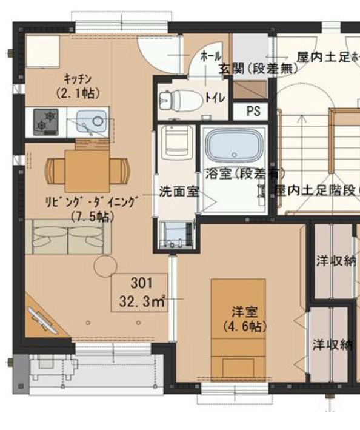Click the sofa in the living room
[67, 237]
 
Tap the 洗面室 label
[179, 191]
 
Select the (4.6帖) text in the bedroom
[244, 326]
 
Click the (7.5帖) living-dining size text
[88, 215]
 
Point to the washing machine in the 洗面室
[176, 235]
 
